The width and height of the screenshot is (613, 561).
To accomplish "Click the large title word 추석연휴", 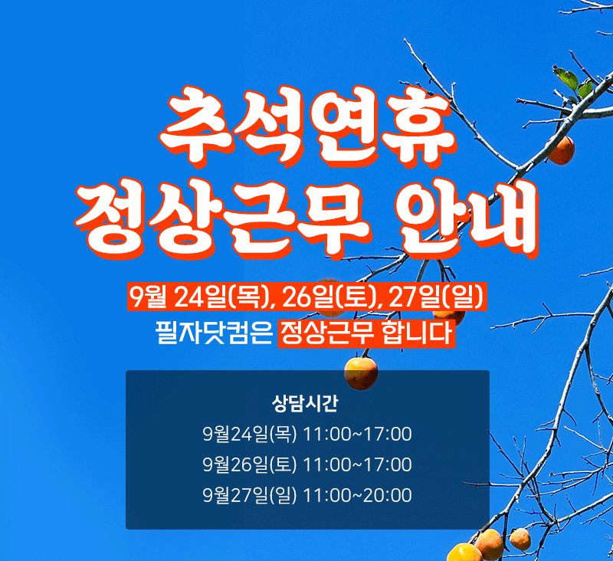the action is (307, 126).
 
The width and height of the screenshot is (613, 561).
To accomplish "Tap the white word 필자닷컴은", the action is (215, 333).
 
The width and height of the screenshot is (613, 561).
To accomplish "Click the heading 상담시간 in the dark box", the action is (304, 403).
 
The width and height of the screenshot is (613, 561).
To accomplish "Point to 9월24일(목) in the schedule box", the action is (250, 434).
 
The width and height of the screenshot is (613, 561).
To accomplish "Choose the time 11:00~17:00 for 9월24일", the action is (357, 434).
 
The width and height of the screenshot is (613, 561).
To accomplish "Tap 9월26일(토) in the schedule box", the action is (250, 464).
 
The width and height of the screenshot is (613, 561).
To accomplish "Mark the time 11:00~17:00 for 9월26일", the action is (357, 464).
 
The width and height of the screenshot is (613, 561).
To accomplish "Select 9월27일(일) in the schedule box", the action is (250, 495).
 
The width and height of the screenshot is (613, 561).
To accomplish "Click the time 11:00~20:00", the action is (357, 495).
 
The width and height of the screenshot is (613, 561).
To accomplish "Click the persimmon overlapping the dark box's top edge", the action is (361, 373).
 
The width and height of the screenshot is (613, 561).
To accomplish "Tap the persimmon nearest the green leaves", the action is (561, 150).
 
